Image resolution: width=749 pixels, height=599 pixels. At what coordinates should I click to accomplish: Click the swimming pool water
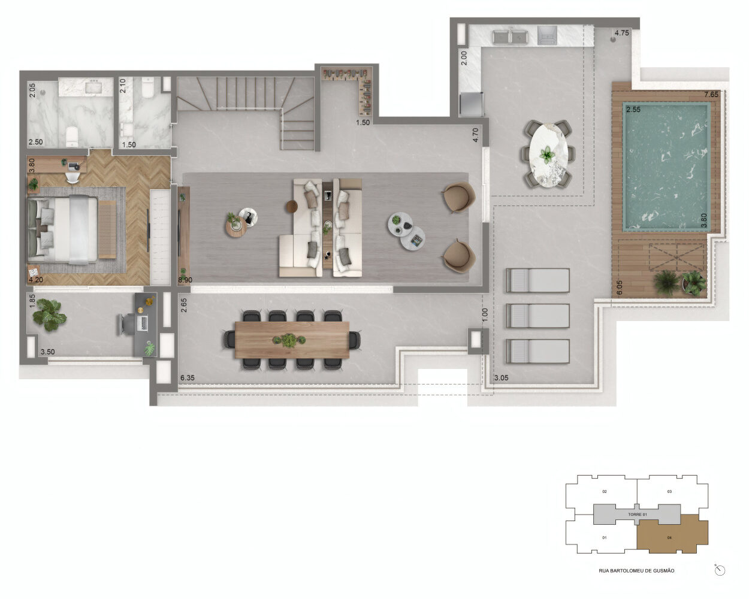pyautogui.click(x=666, y=167)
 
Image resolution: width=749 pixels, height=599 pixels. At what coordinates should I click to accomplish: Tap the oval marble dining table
pyautogui.click(x=548, y=155)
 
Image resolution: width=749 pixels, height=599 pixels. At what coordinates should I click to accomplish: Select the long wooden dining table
pyautogui.click(x=292, y=340)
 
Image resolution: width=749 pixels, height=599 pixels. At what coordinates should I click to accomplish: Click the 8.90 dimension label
pyautogui.click(x=185, y=280)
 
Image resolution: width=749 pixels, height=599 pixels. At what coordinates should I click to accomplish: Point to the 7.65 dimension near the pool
pyautogui.click(x=711, y=94)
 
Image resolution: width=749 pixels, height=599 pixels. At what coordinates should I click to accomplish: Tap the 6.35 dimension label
pyautogui.click(x=187, y=377)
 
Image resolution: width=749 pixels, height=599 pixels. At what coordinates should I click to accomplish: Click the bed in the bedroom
pyautogui.click(x=63, y=229)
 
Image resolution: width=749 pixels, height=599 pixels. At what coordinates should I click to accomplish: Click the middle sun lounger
pyautogui.click(x=537, y=316)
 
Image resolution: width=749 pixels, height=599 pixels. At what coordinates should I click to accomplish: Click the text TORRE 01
pyautogui.click(x=638, y=515)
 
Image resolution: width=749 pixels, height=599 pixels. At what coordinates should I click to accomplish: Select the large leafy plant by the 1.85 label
pyautogui.click(x=49, y=314)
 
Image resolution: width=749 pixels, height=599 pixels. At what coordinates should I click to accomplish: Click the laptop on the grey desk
pyautogui.click(x=143, y=323)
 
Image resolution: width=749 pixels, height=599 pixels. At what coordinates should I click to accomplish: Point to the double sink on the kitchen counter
pyautogui.click(x=510, y=37)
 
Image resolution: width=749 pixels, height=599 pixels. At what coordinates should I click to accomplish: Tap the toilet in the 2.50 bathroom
pyautogui.click(x=72, y=136)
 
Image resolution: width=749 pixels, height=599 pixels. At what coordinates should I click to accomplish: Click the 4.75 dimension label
pyautogui.click(x=621, y=33)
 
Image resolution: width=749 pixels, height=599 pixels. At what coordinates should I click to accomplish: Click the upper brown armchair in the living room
pyautogui.click(x=460, y=197)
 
